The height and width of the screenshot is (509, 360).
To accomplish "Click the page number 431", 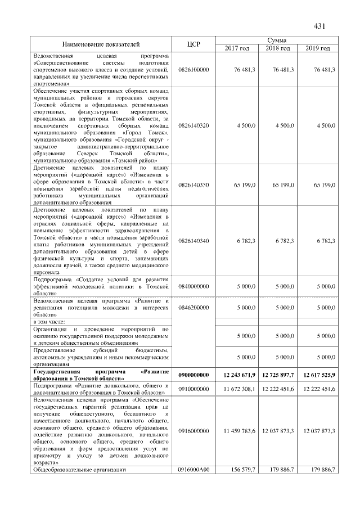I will pyautogui.click(x=319, y=26).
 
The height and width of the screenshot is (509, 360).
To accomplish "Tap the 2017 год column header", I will pyautogui.click(x=237, y=49).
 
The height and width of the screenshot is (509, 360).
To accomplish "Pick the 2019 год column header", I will pyautogui.click(x=318, y=49).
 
